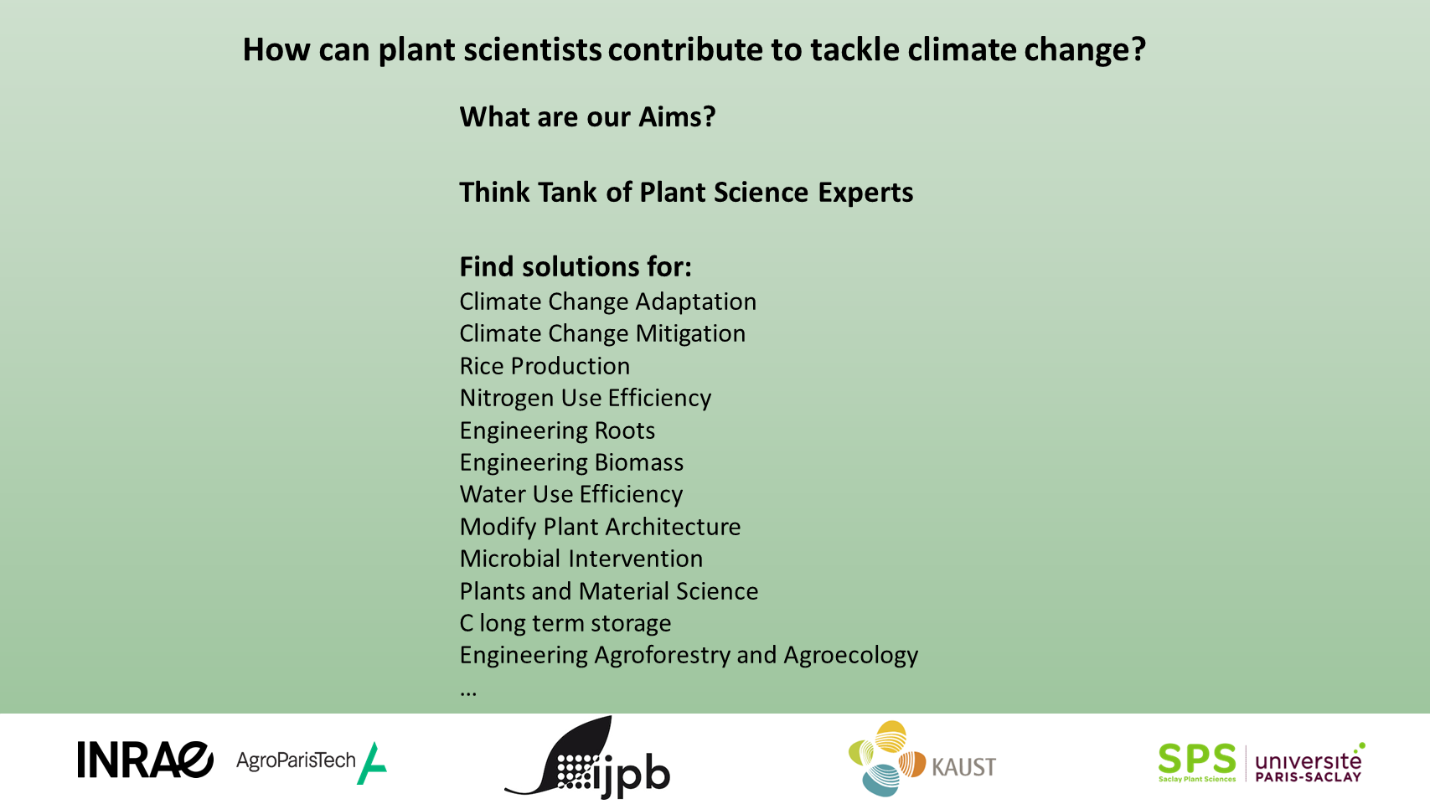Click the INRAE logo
(x=145, y=760)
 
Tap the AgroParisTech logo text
(x=296, y=760)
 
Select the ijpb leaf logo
(x=587, y=757)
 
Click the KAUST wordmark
(x=964, y=766)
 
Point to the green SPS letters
(x=1197, y=759)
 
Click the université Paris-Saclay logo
(x=1309, y=763)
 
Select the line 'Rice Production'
(x=545, y=366)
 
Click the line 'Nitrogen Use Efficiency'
(x=586, y=398)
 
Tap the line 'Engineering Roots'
(x=557, y=430)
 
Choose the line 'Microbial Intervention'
(x=581, y=559)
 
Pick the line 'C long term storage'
(x=565, y=623)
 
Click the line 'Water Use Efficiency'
(x=571, y=494)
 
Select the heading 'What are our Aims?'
(x=587, y=116)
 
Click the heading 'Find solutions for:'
(x=576, y=266)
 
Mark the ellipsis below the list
(x=468, y=693)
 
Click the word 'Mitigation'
(x=690, y=334)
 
